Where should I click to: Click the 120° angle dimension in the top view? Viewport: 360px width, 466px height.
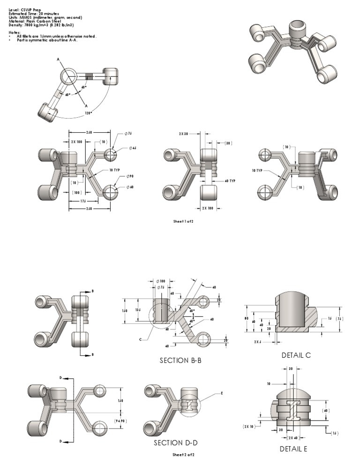point(88,113)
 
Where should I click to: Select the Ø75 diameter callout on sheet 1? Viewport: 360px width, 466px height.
point(128,134)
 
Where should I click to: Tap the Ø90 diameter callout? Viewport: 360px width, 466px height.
point(129,176)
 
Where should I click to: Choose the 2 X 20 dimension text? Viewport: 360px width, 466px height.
point(184,134)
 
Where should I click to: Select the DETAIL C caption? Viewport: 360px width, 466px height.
point(296,355)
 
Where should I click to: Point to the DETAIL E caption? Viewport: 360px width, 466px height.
point(293,449)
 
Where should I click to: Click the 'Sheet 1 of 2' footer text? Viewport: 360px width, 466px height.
point(183,221)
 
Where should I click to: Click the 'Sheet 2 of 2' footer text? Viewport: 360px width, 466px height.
point(183,455)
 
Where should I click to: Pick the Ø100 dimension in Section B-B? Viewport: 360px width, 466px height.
point(160,281)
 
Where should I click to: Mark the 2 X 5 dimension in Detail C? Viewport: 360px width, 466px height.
point(258,342)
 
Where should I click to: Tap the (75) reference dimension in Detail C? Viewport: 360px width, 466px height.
point(339,318)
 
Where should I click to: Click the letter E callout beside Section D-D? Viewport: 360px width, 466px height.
point(221,393)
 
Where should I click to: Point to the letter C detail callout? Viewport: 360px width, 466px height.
point(140,338)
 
